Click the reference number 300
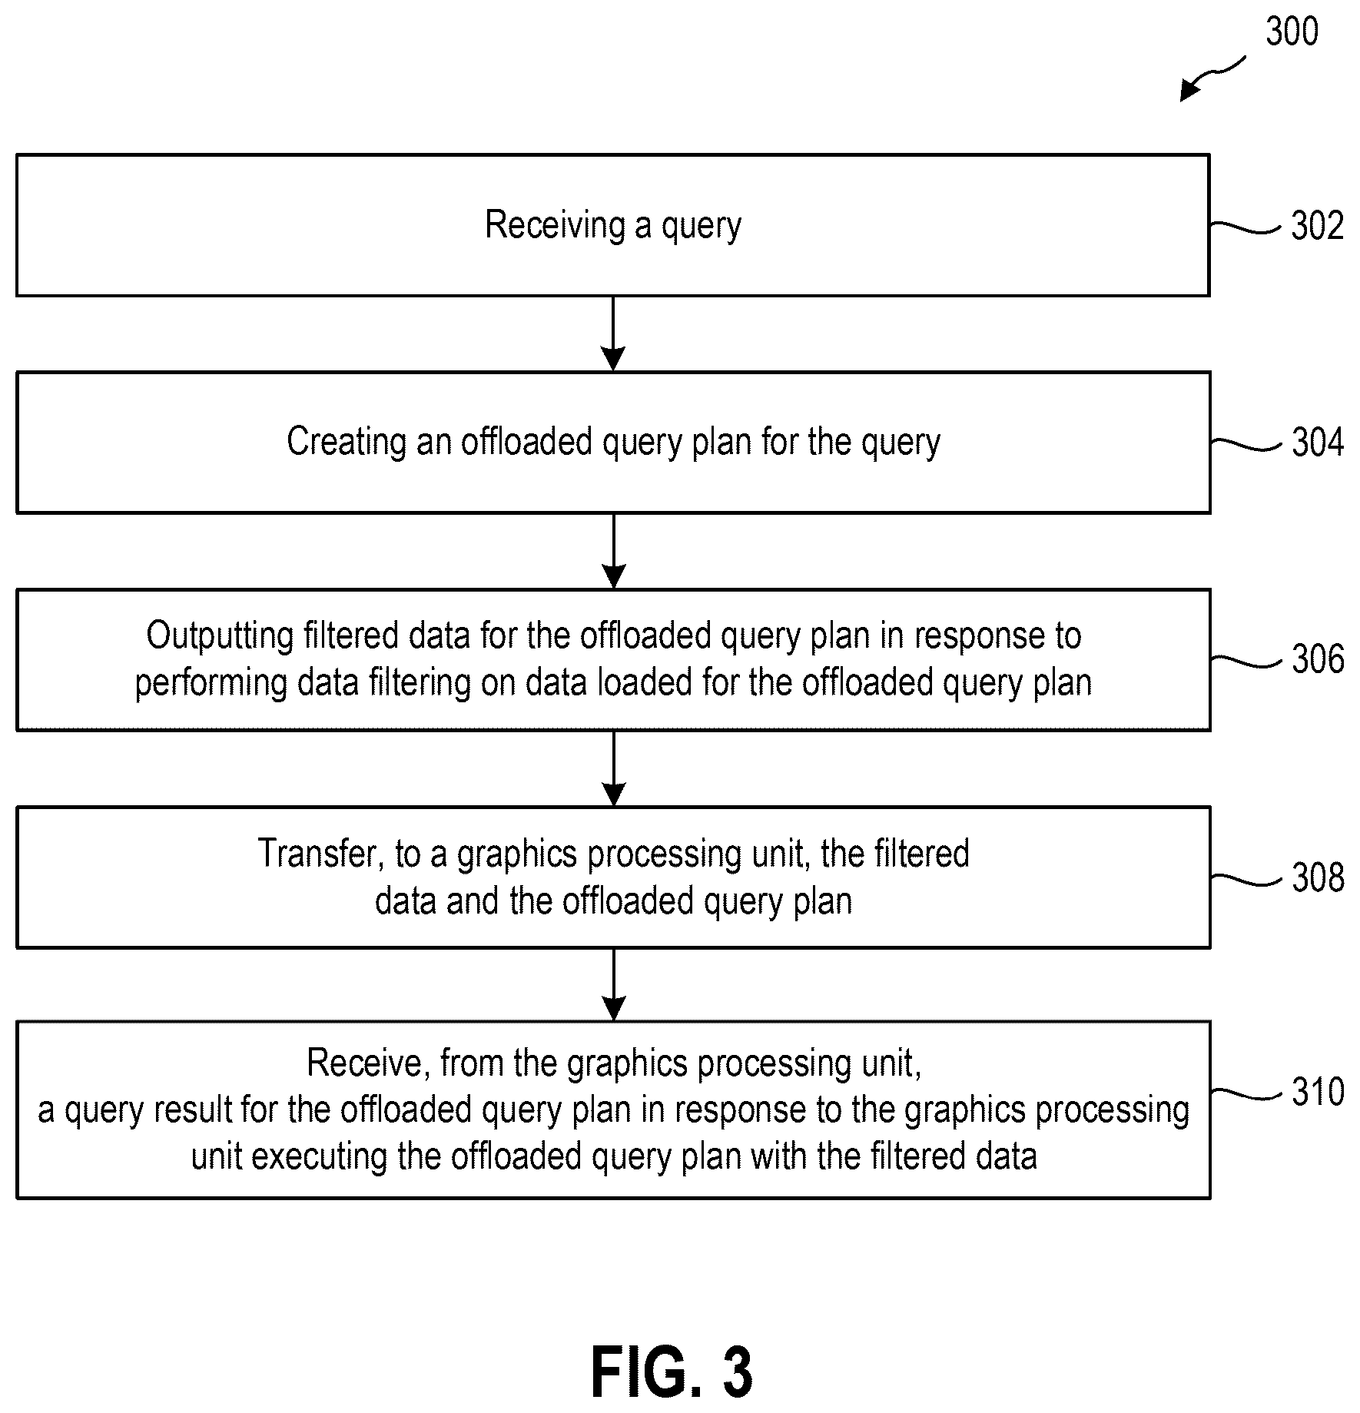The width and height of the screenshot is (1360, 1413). click(1292, 32)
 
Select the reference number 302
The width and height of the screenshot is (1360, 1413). click(1318, 226)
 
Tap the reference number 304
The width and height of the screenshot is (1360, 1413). click(1318, 443)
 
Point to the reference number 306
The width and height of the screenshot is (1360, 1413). click(1318, 660)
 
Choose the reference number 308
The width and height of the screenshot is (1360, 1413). click(1318, 878)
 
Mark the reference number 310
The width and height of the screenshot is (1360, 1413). click(1318, 1093)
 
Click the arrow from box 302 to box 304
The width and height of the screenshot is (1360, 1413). click(613, 333)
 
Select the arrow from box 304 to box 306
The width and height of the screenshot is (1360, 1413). click(613, 551)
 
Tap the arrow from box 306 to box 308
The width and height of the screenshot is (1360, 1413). click(613, 768)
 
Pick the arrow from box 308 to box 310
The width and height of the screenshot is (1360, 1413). click(613, 984)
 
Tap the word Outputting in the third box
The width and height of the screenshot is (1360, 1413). click(220, 636)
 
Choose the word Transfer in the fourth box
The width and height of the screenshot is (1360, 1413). click(321, 854)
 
